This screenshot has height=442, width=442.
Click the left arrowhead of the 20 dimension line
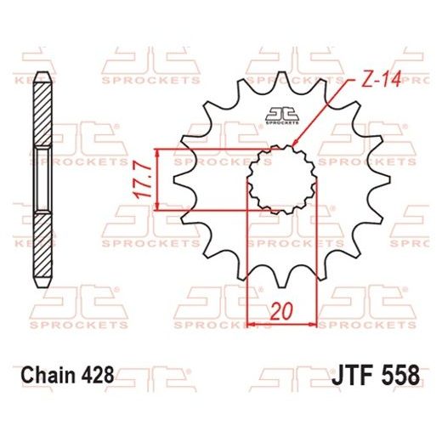click(x=250, y=323)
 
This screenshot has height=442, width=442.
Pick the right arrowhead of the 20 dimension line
click(x=313, y=323)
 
